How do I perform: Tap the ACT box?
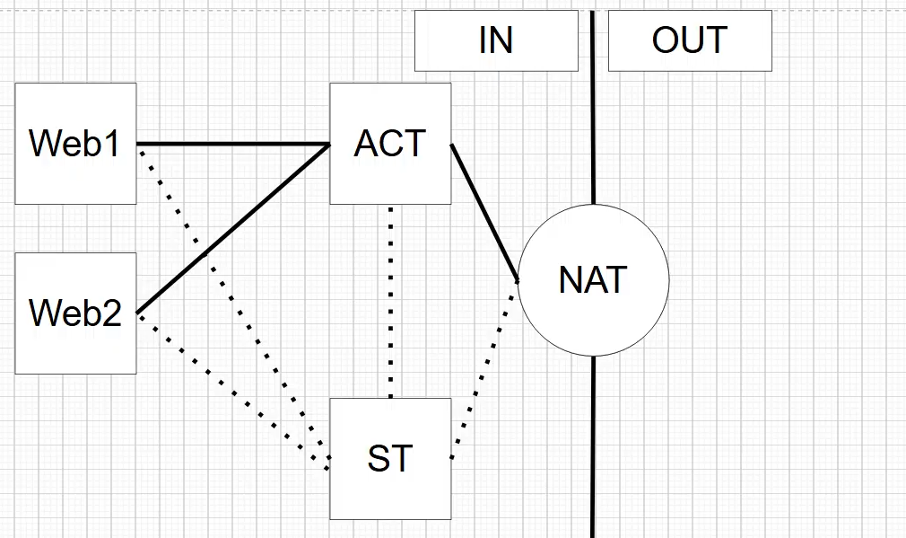pyautogui.click(x=390, y=180)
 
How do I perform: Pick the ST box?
pyautogui.click(x=390, y=494)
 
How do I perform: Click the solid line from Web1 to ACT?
pyautogui.click(x=233, y=144)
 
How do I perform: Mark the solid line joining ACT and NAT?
pyautogui.click(x=484, y=212)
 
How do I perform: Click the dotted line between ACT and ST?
pyautogui.click(x=390, y=301)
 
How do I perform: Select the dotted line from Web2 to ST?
pyautogui.click(x=233, y=386)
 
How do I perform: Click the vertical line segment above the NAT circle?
pyautogui.click(x=594, y=108)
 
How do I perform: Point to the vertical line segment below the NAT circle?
pyautogui.click(x=594, y=449)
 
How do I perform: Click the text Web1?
pyautogui.click(x=76, y=144)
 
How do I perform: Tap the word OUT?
pyautogui.click(x=690, y=40)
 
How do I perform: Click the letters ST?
pyautogui.click(x=390, y=459)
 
